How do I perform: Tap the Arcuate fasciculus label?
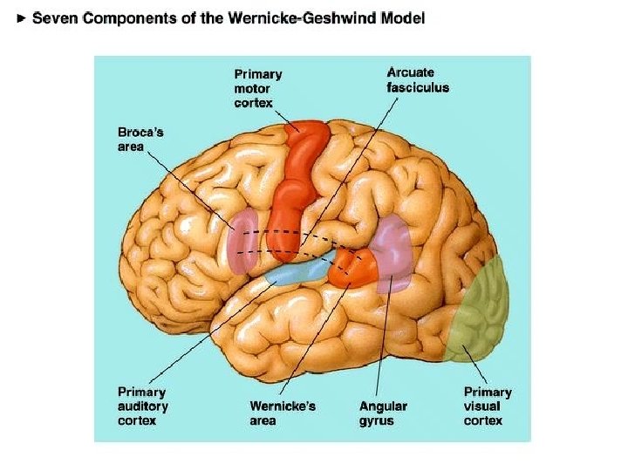pyautogui.click(x=417, y=80)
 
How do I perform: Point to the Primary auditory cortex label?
pyautogui.click(x=143, y=406)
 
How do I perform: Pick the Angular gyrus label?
pyautogui.click(x=383, y=413)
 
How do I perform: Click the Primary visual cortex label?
pyautogui.click(x=488, y=406)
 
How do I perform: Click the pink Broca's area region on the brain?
pyautogui.click(x=242, y=240)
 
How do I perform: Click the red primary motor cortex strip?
pyautogui.click(x=297, y=188)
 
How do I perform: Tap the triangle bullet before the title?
pyautogui.click(x=22, y=18)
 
